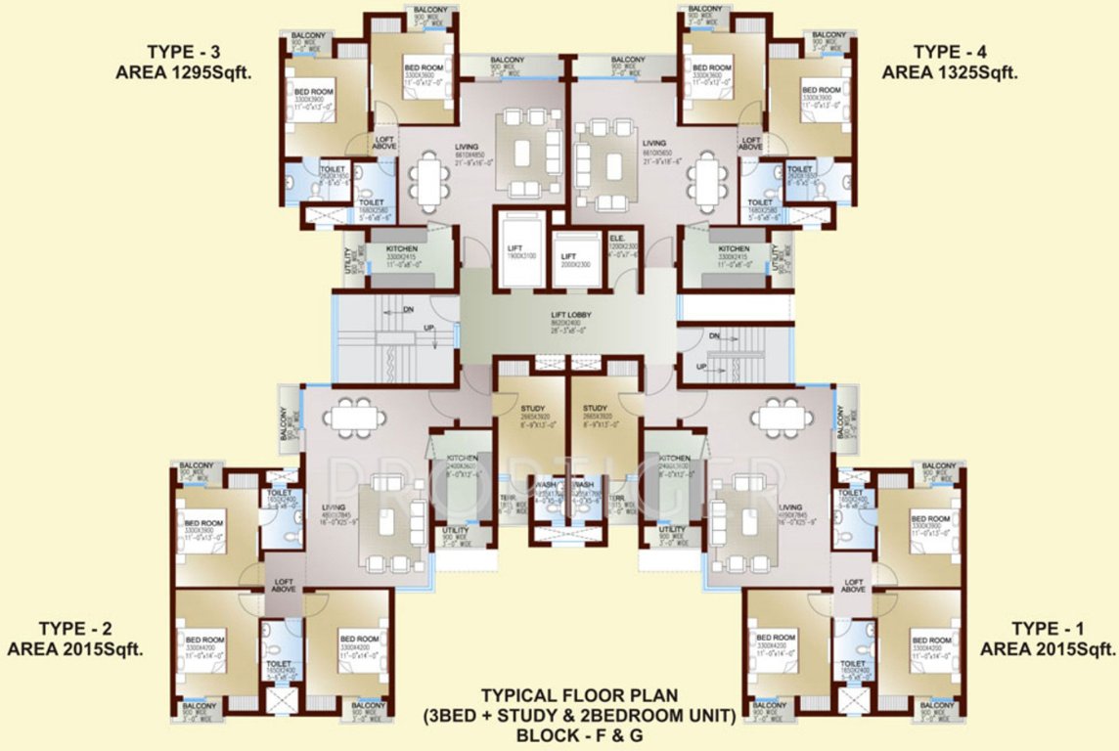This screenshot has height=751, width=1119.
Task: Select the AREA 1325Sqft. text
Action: coord(950,71)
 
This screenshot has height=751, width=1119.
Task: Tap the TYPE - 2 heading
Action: coord(76,628)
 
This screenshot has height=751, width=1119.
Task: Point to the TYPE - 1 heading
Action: coord(1049,628)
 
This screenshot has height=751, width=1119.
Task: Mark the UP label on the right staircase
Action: coord(700,366)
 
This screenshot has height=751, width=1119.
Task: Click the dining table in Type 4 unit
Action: coord(707,181)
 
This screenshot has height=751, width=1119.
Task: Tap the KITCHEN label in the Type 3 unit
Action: coord(402,249)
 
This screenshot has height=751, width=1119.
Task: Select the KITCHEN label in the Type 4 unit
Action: coord(734,249)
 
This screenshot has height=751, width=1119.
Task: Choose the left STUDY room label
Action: coord(532,409)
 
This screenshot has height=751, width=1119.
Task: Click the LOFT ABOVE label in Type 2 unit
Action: coord(284,584)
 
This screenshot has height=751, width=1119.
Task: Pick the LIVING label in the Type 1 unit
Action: coord(790,508)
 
